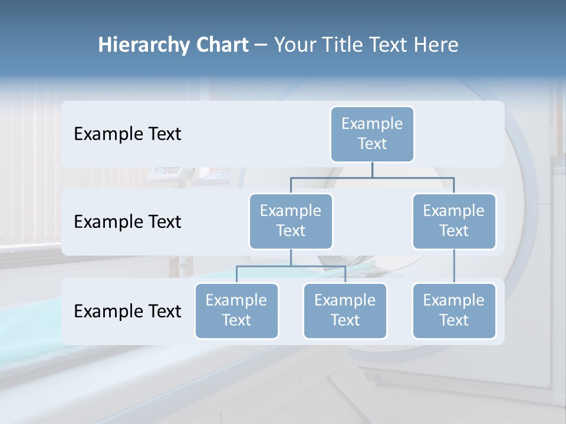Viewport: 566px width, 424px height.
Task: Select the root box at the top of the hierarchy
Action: coord(372,134)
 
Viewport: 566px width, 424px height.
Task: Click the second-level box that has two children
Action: coord(291,221)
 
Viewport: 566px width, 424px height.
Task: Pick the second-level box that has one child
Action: coord(454,221)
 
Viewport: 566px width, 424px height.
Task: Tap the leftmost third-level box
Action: coord(236,311)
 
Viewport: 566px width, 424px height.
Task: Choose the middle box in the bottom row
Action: coord(345,311)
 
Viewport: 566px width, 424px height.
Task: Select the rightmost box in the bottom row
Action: coord(454,311)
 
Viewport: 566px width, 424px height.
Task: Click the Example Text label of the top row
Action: coord(127,134)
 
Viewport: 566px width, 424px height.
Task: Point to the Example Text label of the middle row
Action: coord(127,222)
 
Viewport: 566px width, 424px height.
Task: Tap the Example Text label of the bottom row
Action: coord(127,312)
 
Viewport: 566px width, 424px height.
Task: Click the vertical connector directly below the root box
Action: coord(372,170)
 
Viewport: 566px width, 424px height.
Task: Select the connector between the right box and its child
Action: coord(454,266)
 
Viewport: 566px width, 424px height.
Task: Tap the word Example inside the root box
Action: coord(372,124)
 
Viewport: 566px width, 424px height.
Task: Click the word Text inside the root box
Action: coord(372,144)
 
